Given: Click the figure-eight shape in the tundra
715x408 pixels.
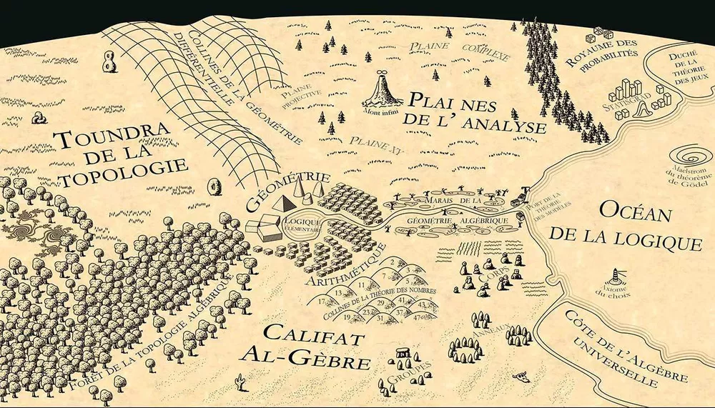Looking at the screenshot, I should [x=109, y=61].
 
